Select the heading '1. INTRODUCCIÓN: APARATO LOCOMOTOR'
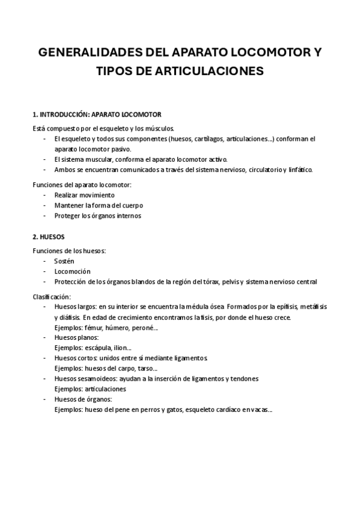(97, 114)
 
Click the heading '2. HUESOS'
(49, 236)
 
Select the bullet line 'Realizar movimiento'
(84, 195)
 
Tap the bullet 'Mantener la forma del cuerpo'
(99, 205)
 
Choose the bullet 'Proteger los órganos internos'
(98, 215)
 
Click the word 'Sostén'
(64, 261)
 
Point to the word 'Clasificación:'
(52, 296)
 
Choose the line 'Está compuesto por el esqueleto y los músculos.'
(103, 128)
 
